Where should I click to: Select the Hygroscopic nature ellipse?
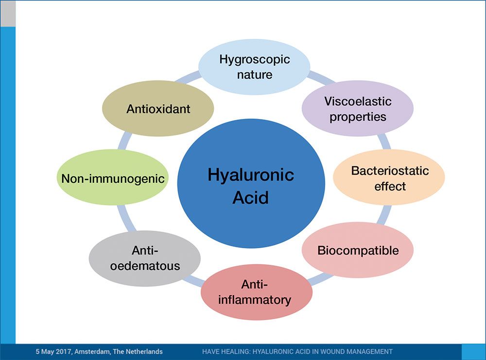[x=254, y=67]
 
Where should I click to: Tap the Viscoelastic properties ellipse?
[x=358, y=109]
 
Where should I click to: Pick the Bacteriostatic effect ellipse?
[x=389, y=178]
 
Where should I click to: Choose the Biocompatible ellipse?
[x=358, y=251]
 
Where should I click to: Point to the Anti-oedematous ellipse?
[x=145, y=258]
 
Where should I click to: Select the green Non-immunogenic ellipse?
[x=113, y=178]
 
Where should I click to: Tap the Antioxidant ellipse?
[x=158, y=109]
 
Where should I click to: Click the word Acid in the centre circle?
[x=250, y=198]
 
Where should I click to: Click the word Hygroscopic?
[x=254, y=59]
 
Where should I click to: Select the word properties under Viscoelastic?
[x=358, y=117]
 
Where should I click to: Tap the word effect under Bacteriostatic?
[x=390, y=186]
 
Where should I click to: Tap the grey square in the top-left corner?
[x=7, y=13]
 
